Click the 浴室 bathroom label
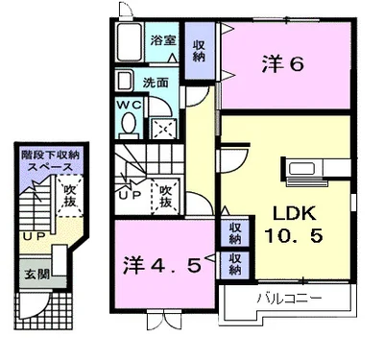(163, 40)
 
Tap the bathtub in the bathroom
(130, 42)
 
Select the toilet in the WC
(130, 126)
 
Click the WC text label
(129, 105)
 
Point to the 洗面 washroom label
(156, 83)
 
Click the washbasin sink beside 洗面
(124, 81)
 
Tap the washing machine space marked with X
(163, 129)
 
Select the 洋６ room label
(282, 64)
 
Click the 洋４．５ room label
(162, 265)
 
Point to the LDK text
(294, 213)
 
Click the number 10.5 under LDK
(293, 236)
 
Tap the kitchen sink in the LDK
(301, 169)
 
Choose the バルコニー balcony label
(289, 299)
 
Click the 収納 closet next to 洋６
(199, 51)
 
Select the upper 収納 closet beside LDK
(235, 233)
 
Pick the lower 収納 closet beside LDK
(235, 264)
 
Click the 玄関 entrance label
(37, 274)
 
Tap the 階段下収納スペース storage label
(50, 161)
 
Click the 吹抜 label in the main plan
(166, 196)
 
